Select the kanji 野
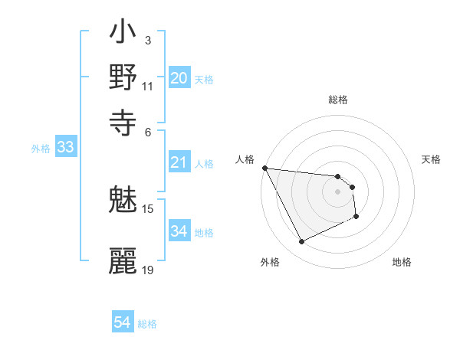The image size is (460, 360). click(123, 77)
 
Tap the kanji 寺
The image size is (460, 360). click(123, 120)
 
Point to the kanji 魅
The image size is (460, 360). click(123, 201)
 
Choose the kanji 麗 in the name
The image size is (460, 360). click(123, 260)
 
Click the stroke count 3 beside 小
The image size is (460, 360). click(147, 40)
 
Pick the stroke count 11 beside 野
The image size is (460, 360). click(148, 86)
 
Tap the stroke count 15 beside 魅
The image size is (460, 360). click(148, 208)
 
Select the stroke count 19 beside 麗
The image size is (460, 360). click(148, 270)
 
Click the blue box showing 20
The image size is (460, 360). click(179, 78)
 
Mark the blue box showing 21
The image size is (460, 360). click(179, 162)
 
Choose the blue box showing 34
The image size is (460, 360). click(179, 231)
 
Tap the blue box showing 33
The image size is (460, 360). click(65, 148)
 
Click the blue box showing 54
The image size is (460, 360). click(123, 323)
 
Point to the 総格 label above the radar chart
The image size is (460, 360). click(338, 100)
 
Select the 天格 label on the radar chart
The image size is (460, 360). click(432, 159)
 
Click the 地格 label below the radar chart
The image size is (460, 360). click(402, 262)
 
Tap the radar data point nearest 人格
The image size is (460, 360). click(264, 168)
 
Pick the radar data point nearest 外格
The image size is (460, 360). click(301, 242)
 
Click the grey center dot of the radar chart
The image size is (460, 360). click(338, 191)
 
